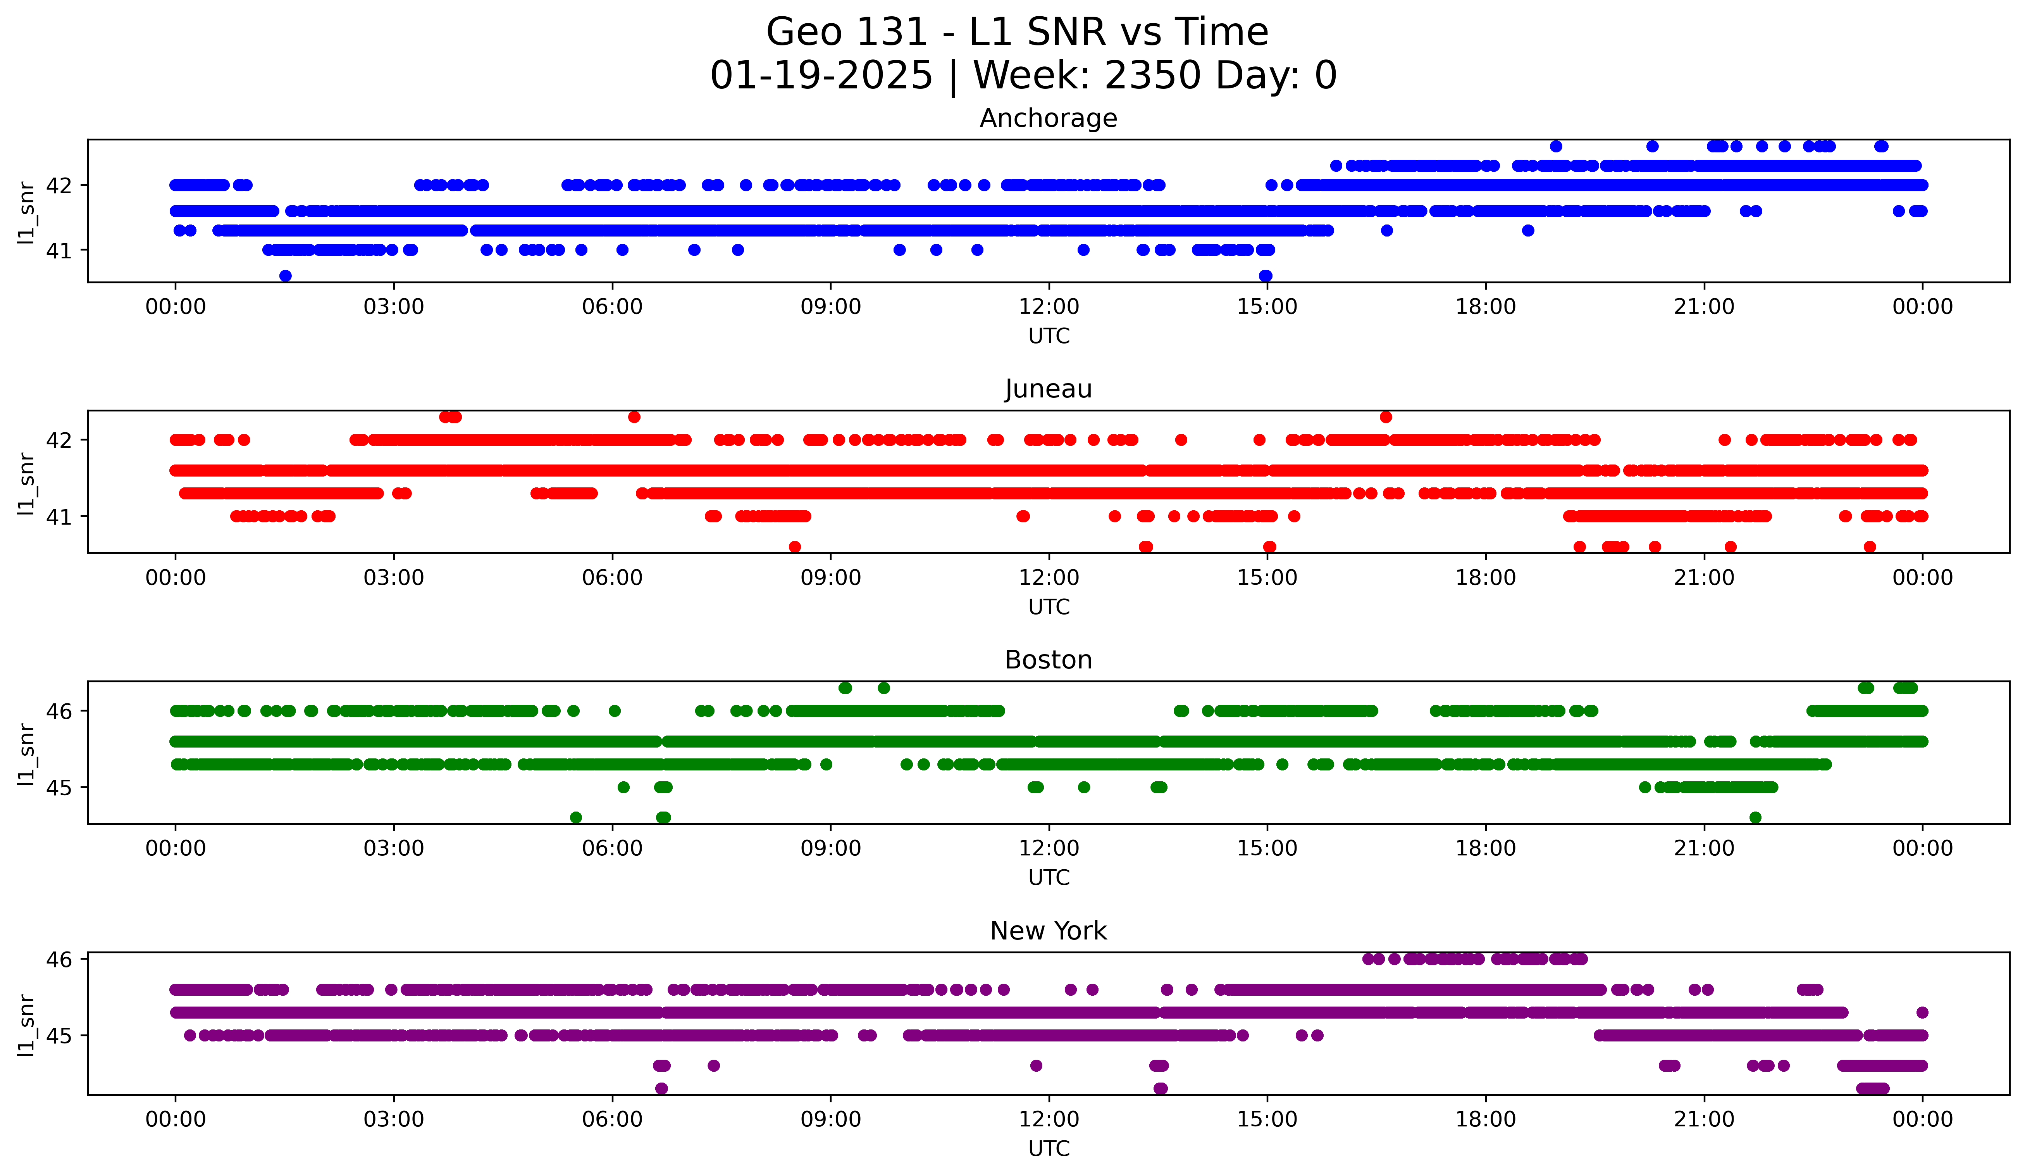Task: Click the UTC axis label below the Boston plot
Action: [x=1049, y=878]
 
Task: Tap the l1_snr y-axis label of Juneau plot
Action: [x=26, y=482]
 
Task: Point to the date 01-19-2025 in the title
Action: [x=821, y=76]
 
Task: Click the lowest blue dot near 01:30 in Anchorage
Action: [x=285, y=276]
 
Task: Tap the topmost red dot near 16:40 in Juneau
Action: [x=1385, y=416]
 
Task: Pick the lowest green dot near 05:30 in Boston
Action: [x=575, y=817]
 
